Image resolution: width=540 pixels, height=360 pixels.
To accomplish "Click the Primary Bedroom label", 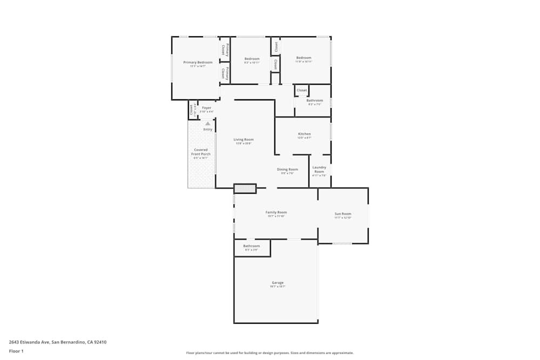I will pos(198,63).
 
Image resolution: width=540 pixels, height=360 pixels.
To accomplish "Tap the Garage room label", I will pos(278,283).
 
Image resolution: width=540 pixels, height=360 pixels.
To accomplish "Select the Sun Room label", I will pos(343,214).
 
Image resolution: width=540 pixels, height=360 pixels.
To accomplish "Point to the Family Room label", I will pos(276,212).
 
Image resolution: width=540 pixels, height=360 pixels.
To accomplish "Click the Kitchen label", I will pos(305,134).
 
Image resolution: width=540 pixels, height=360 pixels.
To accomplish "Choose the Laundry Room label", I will pos(319,169).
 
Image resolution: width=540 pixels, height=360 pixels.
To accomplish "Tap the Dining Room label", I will pos(287,169).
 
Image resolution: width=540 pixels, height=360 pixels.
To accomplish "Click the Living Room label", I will pos(244,139).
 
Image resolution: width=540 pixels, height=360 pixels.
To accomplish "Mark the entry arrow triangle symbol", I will pos(208,124).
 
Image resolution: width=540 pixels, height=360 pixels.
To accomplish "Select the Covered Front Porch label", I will pos(201,152).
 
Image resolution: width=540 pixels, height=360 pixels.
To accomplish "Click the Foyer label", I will pos(207,108).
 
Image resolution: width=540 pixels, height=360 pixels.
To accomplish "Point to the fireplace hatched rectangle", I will pos(245,188).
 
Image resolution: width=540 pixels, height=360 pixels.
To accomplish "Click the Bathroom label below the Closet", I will pos(315,100).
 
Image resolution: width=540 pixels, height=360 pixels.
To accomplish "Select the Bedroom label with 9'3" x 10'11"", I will pos(252,58).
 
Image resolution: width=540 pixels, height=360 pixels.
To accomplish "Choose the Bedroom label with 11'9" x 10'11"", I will pos(303,58).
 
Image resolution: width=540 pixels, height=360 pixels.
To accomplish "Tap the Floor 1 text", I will pos(16,351).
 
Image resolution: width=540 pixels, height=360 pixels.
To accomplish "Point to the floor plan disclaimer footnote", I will pos(270,353).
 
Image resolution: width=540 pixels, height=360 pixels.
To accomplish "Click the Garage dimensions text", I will pos(278,287).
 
